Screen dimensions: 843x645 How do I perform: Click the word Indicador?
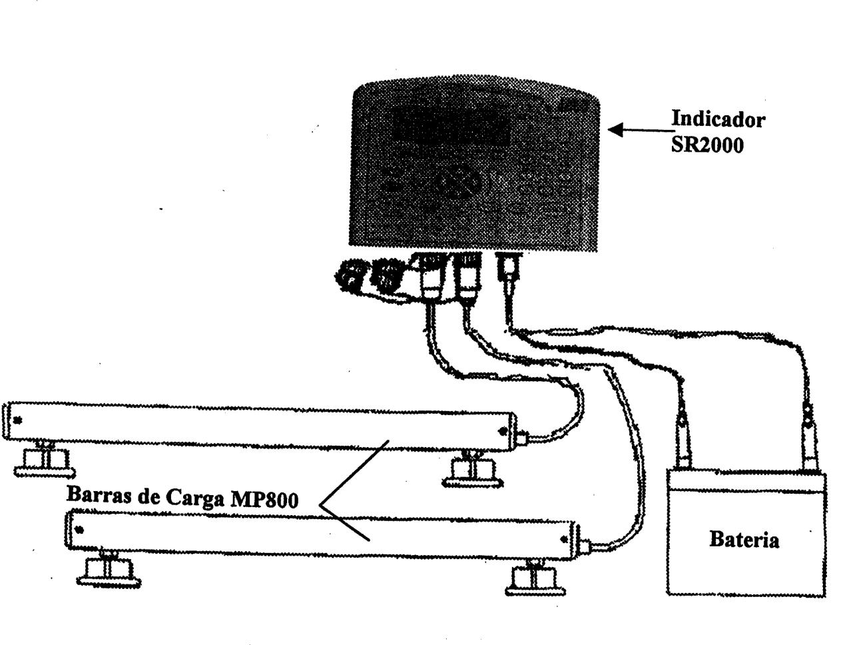click(x=718, y=119)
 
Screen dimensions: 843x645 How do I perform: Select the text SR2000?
click(x=707, y=145)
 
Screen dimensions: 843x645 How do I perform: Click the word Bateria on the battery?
click(x=744, y=539)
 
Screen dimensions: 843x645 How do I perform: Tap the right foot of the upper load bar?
click(x=472, y=470)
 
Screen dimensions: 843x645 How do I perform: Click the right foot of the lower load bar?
click(x=535, y=578)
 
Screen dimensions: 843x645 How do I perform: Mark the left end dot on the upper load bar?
click(x=17, y=420)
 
